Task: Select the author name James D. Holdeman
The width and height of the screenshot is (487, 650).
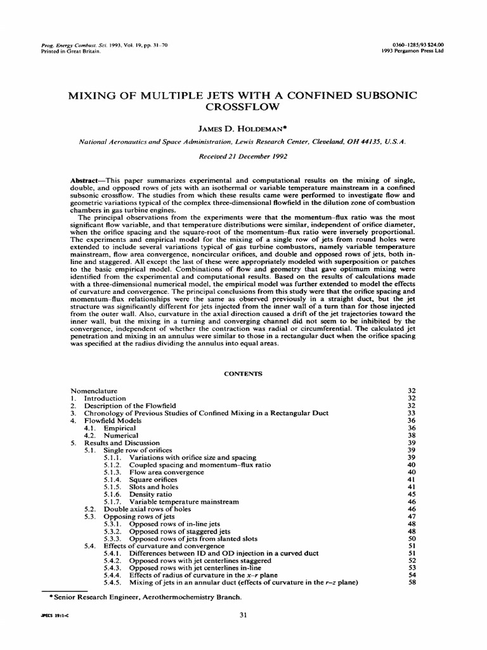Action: (x=243, y=129)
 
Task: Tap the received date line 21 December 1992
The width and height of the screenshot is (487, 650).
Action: (x=243, y=156)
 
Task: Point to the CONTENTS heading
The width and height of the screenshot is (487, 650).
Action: (x=243, y=374)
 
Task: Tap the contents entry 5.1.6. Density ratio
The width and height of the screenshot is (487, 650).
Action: (x=150, y=494)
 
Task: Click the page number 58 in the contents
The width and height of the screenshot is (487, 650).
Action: (x=413, y=583)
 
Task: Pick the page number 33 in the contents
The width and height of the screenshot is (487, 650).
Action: (x=413, y=413)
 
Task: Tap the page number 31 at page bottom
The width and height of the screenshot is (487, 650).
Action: (x=243, y=614)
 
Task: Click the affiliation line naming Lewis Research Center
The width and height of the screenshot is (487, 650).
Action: (x=243, y=143)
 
